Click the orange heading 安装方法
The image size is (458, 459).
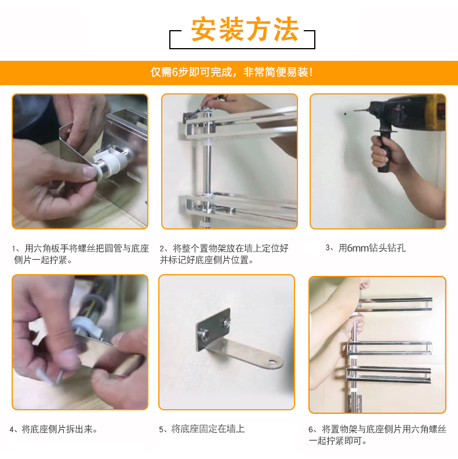(x=245, y=29)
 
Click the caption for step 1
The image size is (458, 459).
(x=81, y=254)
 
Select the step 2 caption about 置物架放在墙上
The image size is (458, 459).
(x=224, y=254)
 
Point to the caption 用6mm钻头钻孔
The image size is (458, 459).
(x=365, y=248)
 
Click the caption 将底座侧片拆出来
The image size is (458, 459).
(x=53, y=429)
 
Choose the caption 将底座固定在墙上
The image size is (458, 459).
(x=202, y=429)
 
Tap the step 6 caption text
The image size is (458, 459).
(x=377, y=435)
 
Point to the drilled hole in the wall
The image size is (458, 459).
(x=346, y=113)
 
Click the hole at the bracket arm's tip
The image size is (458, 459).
(x=272, y=362)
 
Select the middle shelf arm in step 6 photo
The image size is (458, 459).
(x=390, y=348)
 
